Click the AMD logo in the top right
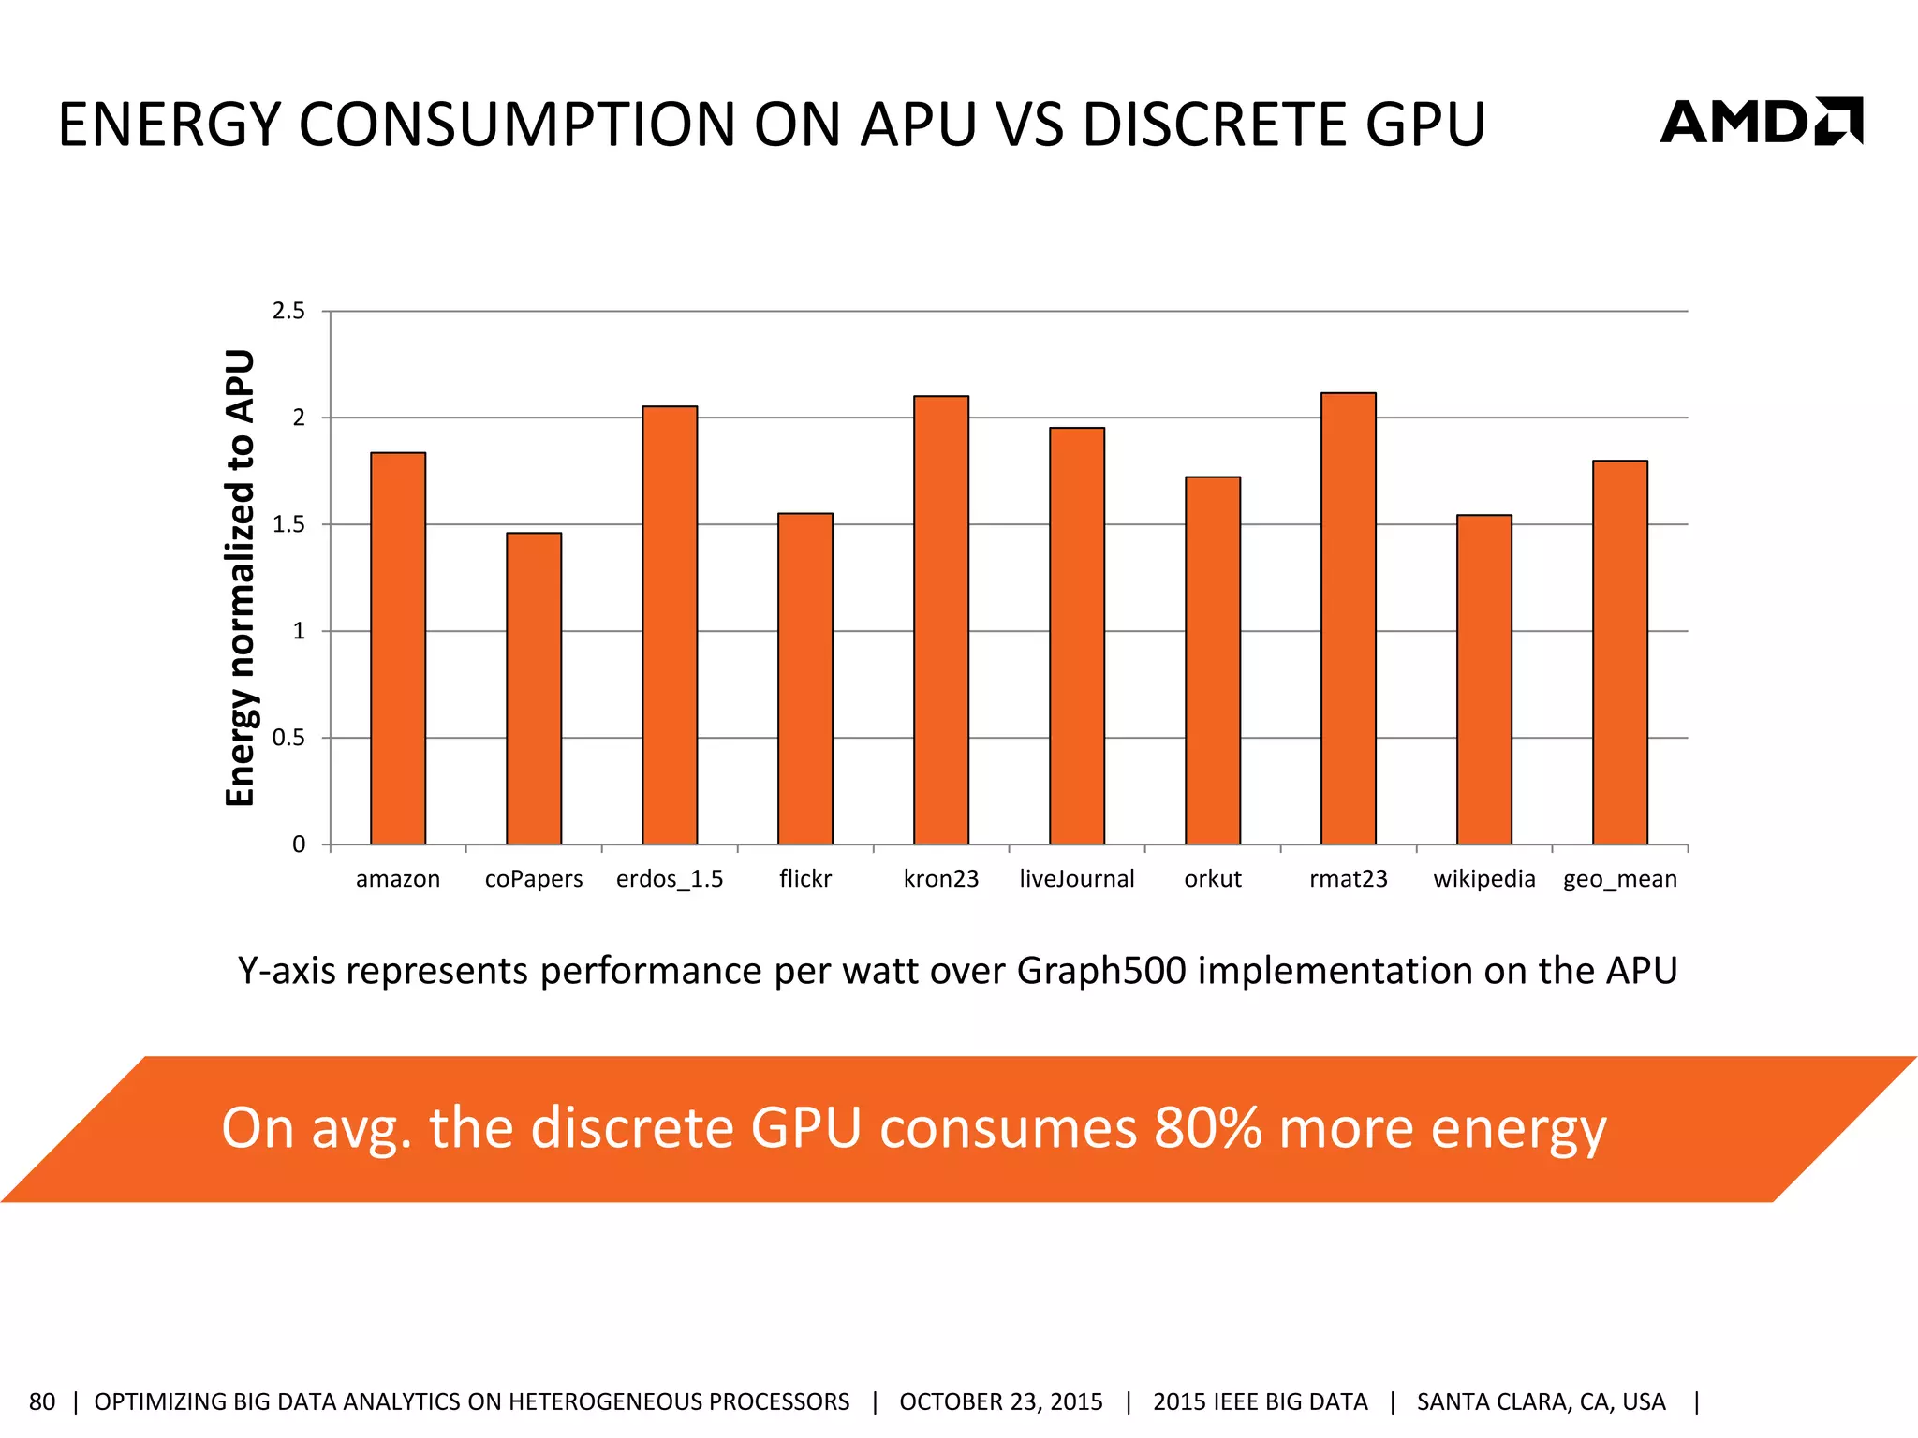(1761, 122)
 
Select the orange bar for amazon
(398, 648)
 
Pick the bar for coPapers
(534, 688)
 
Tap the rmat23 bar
(1349, 618)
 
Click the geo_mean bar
(1620, 653)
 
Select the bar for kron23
(941, 620)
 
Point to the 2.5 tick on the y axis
(288, 311)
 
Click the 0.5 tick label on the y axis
(288, 738)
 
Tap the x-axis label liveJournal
(1077, 879)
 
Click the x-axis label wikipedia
(1484, 879)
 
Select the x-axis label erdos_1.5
(670, 879)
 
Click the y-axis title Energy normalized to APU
(241, 578)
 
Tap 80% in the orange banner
(1210, 1127)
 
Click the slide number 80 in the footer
(42, 1401)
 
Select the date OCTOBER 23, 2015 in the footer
(1001, 1401)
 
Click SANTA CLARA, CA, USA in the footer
(1541, 1401)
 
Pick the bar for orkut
(1213, 660)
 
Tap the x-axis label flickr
(805, 879)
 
